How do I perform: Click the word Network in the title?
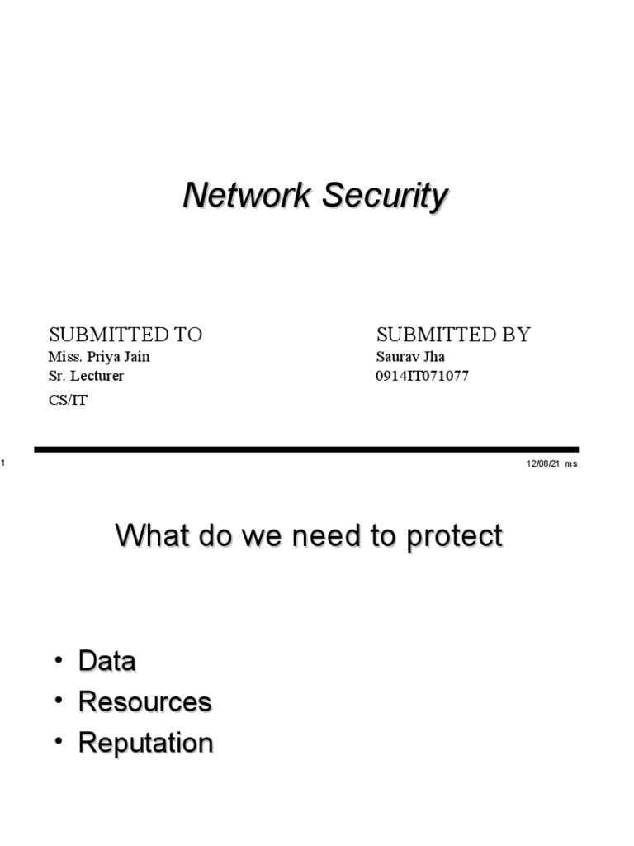[248, 197]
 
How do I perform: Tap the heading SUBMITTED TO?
[125, 335]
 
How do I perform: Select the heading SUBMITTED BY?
[453, 335]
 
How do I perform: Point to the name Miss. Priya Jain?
[99, 358]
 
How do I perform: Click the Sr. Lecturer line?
[86, 377]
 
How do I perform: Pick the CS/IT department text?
[68, 401]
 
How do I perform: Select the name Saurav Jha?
[410, 358]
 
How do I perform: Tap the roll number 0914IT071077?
[422, 377]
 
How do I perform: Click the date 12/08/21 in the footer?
[543, 463]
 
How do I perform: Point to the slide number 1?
[3, 463]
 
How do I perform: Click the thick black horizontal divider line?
[305, 449]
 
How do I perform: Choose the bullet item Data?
[106, 661]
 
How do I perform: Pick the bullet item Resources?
[144, 701]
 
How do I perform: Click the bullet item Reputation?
[145, 743]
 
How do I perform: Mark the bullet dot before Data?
[59, 660]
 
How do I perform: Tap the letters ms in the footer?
[571, 463]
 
